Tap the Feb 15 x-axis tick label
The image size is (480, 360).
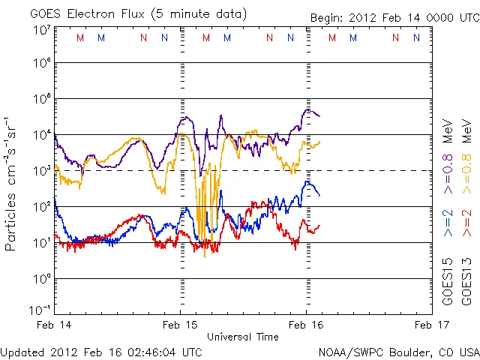click(x=181, y=325)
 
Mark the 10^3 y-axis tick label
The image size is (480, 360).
click(x=41, y=171)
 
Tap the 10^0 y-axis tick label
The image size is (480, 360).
click(x=41, y=279)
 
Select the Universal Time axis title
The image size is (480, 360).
click(x=242, y=337)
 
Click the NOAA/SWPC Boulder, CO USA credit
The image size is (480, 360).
click(x=398, y=351)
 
